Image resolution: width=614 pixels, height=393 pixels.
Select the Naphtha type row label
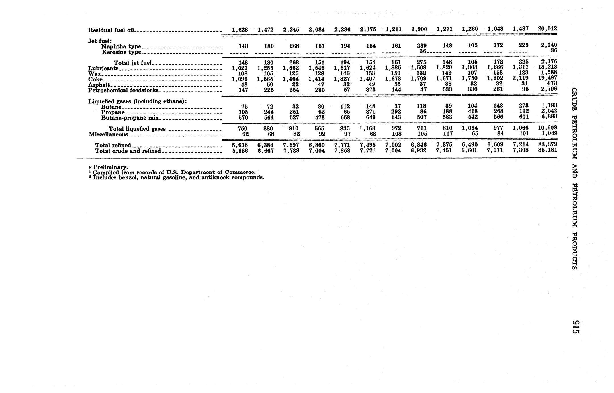coord(121,46)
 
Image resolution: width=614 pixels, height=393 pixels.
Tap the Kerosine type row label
coord(121,52)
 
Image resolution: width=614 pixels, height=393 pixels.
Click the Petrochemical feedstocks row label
coord(123,90)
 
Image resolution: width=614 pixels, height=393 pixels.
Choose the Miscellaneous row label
coord(108,134)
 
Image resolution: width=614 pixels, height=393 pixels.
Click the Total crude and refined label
coord(128,151)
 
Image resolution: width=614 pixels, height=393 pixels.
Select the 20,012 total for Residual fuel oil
coord(547,29)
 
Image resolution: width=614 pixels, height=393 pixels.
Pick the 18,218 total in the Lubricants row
coord(547,67)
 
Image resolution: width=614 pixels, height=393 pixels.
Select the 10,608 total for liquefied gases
coord(547,128)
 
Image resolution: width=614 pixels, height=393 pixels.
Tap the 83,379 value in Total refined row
coord(547,144)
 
